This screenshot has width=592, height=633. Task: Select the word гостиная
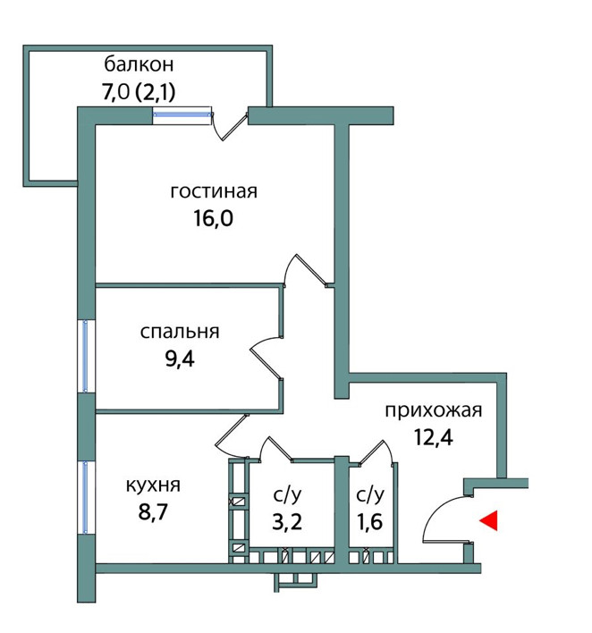tap(214, 191)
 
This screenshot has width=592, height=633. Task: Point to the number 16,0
tap(214, 219)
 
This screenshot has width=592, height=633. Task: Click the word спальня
tap(180, 332)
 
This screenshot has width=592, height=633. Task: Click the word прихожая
tap(434, 411)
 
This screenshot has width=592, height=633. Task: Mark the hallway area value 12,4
tap(433, 440)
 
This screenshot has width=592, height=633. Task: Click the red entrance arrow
tap(488, 520)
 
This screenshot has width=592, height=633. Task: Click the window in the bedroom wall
tap(85, 355)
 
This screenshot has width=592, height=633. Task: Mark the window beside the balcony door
tap(182, 114)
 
